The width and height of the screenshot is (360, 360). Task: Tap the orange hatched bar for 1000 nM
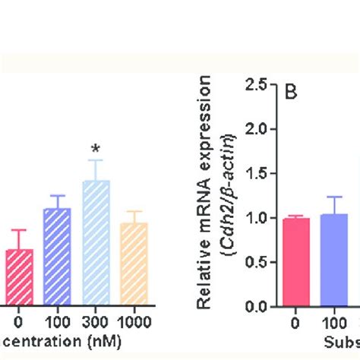pyautogui.click(x=134, y=264)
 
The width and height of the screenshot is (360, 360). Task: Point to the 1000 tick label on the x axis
pyautogui.click(x=134, y=322)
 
